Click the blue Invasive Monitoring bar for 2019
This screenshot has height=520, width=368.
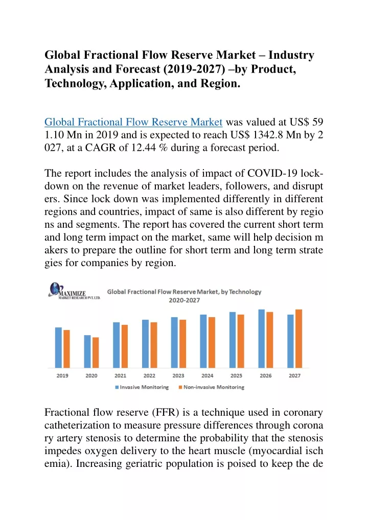pos(58,347)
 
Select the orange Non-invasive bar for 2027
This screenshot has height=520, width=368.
pos(298,339)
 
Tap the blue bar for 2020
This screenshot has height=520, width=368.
pos(87,351)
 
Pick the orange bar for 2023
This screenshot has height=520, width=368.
pos(182,344)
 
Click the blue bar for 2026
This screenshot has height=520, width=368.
pos(262,339)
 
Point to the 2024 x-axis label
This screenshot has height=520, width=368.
pos(208,376)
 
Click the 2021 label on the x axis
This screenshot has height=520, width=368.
pos(121,376)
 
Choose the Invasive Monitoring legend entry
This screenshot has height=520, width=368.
pos(142,387)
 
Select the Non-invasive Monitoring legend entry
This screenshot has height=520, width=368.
pos(212,387)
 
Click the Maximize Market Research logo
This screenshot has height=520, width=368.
pos(74,291)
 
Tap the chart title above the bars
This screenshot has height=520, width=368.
pos(184,296)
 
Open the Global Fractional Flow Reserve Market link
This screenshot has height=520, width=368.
pos(133,122)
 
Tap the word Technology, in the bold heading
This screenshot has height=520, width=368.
pos(76,83)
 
